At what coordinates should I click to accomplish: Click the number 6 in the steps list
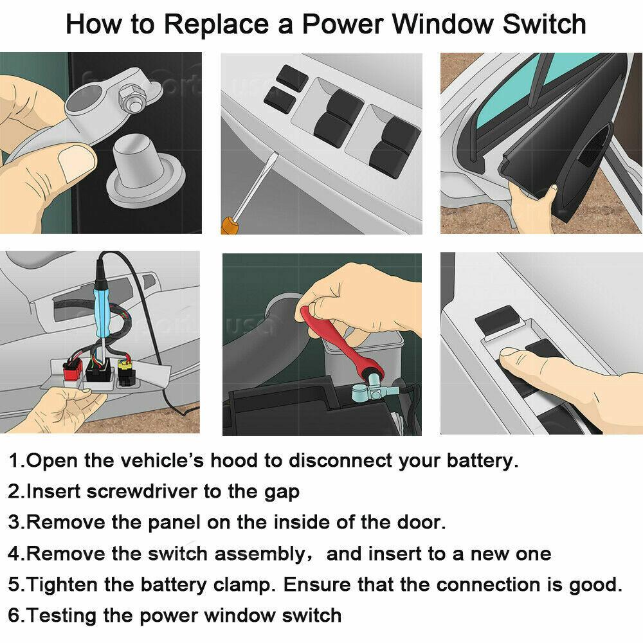(14, 615)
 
